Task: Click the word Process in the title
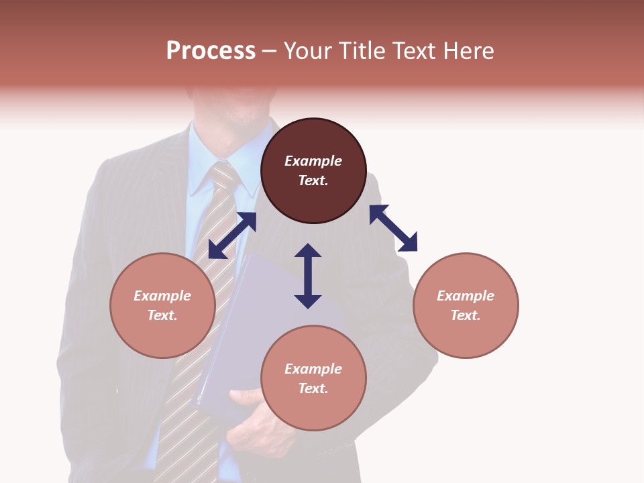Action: [211, 51]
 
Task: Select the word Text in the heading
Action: [413, 51]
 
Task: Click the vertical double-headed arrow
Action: [308, 276]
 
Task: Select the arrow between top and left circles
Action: [232, 235]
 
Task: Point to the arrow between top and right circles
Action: [393, 228]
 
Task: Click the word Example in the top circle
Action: [313, 161]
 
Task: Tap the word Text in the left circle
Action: [162, 315]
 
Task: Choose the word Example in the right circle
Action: [466, 296]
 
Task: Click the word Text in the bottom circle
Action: [313, 388]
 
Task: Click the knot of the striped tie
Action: [223, 176]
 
